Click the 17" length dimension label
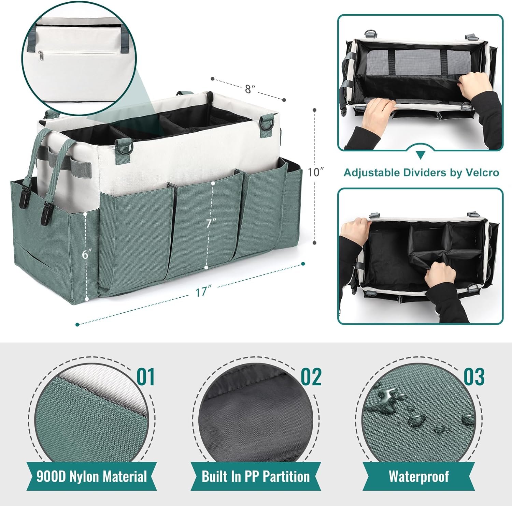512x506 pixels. (202, 292)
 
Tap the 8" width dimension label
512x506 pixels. (250, 89)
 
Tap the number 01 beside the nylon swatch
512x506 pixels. (146, 377)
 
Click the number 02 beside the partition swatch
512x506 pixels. (311, 377)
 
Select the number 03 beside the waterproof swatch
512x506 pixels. (474, 377)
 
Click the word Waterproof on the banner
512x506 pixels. (419, 476)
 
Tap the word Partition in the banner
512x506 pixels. (286, 476)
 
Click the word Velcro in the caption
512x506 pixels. (482, 173)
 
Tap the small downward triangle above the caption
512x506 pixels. (421, 155)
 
